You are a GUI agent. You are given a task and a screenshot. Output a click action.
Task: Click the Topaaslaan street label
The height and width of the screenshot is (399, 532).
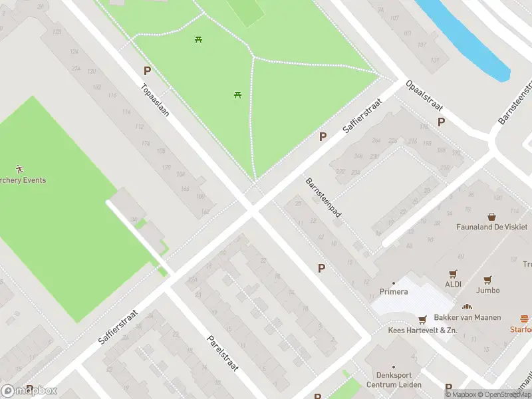(x=154, y=100)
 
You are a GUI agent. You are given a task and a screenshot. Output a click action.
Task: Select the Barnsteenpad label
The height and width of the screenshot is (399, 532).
(x=323, y=198)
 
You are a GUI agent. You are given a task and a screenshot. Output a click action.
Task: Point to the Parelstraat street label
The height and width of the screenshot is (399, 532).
(x=222, y=352)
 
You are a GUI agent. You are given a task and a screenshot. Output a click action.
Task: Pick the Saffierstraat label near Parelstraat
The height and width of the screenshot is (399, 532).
(x=118, y=326)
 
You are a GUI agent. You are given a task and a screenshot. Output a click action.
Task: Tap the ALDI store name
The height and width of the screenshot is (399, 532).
(x=454, y=284)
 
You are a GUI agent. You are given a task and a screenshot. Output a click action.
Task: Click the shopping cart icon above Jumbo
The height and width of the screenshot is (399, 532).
(x=488, y=279)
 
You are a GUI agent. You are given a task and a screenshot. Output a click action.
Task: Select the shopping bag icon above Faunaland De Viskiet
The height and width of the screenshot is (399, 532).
(x=492, y=216)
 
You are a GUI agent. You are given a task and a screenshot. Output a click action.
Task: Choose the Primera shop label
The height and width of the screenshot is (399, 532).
(x=393, y=291)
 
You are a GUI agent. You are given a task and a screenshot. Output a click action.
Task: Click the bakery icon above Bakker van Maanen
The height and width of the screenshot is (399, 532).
(x=467, y=307)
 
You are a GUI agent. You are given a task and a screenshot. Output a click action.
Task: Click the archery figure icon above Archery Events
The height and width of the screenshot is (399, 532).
(x=19, y=170)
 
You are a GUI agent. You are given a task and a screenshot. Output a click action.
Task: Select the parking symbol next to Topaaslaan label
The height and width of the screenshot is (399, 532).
(x=147, y=70)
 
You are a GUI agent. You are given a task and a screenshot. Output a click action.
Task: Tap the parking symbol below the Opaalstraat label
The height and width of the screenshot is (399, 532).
(x=441, y=122)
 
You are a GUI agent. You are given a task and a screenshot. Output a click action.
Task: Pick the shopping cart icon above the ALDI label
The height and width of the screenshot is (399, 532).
(x=454, y=273)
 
